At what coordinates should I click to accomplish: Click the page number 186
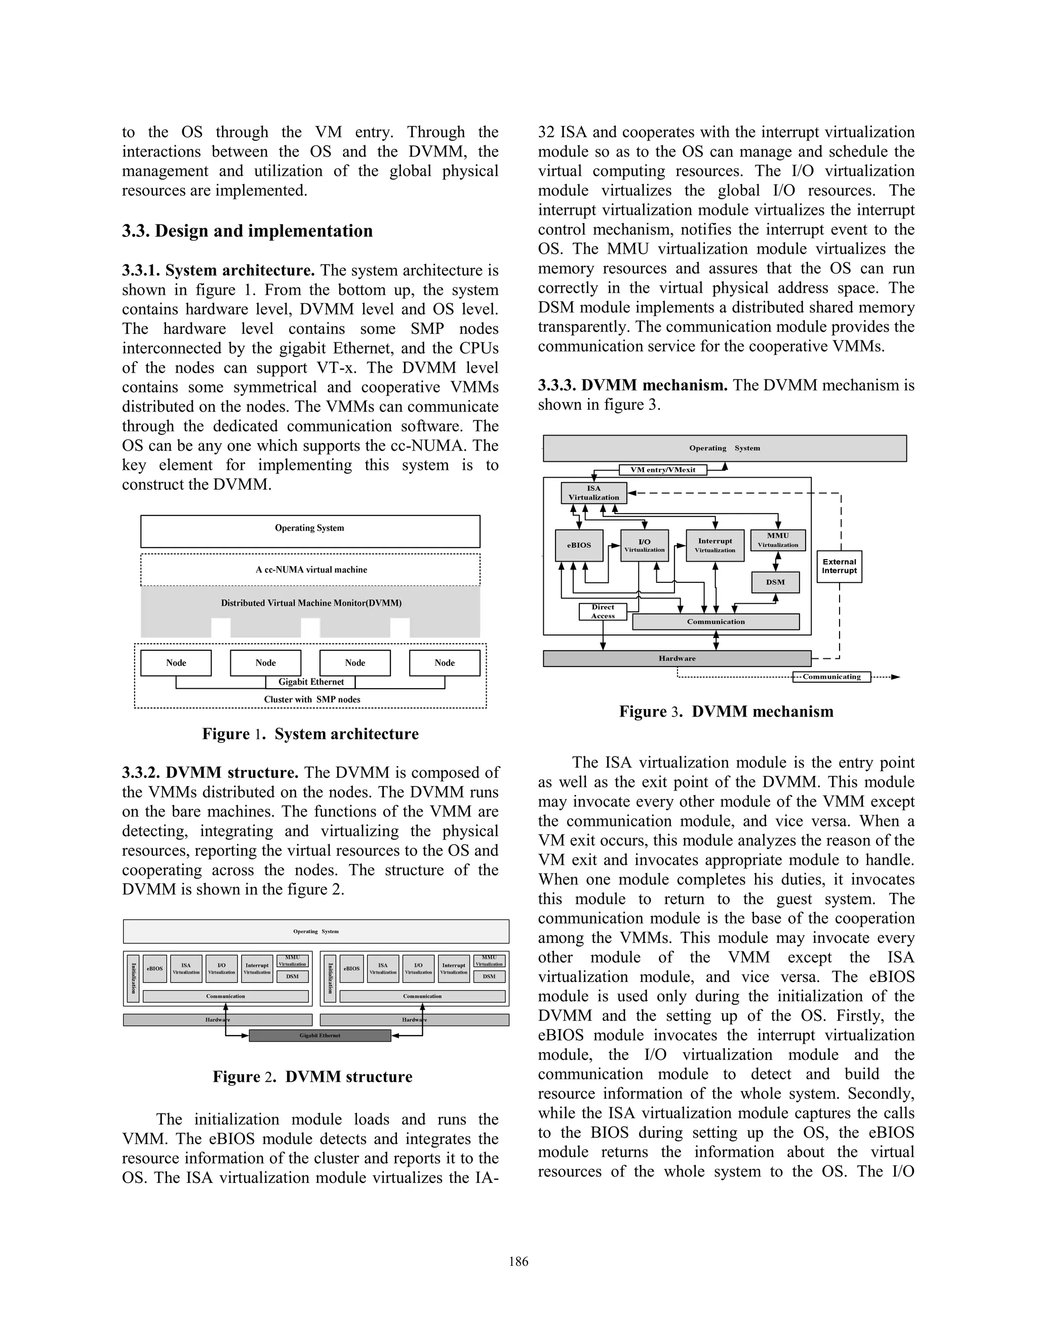coord(518,1261)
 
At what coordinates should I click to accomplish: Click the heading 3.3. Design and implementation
coord(247,231)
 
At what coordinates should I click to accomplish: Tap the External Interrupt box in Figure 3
coord(839,566)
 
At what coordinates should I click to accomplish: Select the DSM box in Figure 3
coord(775,582)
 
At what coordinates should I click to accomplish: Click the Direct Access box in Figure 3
coord(603,611)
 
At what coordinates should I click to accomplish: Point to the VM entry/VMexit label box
coord(663,469)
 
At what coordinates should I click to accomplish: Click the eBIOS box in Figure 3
coord(579,545)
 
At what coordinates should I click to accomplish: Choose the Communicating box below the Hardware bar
coord(832,677)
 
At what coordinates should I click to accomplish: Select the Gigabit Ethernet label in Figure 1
coord(311,682)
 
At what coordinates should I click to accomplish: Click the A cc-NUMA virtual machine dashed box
coord(311,570)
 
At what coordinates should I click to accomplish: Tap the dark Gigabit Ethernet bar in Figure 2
coord(320,1036)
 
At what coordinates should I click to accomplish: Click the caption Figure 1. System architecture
coord(310,734)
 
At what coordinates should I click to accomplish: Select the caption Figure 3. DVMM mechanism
coord(726,711)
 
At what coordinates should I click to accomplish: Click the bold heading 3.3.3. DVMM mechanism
coord(633,385)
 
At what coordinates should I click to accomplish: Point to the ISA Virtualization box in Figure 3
coord(593,493)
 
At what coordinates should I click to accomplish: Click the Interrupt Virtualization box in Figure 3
coord(714,545)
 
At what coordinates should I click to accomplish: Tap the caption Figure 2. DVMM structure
coord(312,1077)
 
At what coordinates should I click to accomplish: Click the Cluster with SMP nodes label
coord(312,699)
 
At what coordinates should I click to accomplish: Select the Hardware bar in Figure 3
coord(677,658)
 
